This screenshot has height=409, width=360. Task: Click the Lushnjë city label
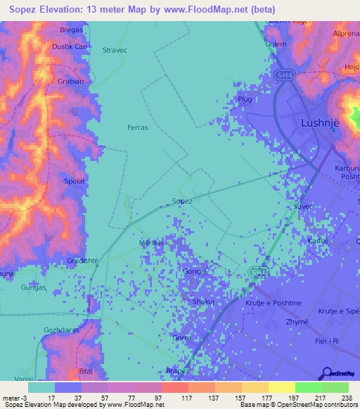pos(320,121)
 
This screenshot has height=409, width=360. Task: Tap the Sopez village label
pos(182,201)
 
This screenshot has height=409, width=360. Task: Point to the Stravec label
pos(115,51)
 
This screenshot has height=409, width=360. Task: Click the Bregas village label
pos(71,31)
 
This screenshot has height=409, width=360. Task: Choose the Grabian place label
pos(70,81)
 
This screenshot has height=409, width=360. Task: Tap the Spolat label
pos(75,181)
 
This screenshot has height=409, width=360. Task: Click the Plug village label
pos(245,100)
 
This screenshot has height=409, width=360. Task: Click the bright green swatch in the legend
pos(308,387)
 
